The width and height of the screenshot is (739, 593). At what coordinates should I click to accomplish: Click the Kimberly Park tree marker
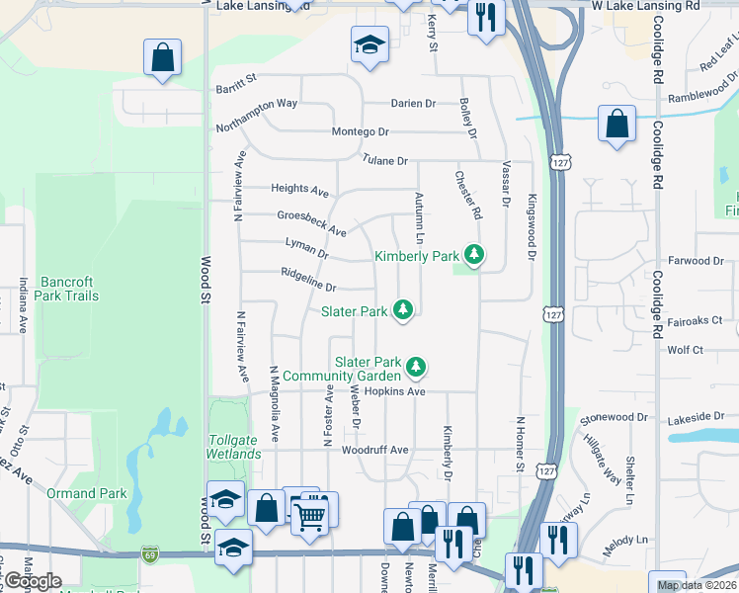pyautogui.click(x=475, y=255)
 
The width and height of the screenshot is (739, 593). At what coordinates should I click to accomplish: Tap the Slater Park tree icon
pyautogui.click(x=403, y=310)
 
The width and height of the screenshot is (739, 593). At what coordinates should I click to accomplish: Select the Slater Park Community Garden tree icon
pyautogui.click(x=417, y=368)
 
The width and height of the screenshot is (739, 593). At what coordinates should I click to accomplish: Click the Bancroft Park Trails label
pyautogui.click(x=67, y=288)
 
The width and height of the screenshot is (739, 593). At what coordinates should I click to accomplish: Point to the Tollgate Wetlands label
pyautogui.click(x=235, y=447)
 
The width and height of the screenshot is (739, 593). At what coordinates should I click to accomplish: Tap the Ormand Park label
pyautogui.click(x=86, y=493)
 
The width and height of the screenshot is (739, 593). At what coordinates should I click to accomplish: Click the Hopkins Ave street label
pyautogui.click(x=394, y=391)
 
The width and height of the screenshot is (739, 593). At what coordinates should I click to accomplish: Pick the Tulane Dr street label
pyautogui.click(x=384, y=160)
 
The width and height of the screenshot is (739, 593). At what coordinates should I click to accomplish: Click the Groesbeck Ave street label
pyautogui.click(x=311, y=223)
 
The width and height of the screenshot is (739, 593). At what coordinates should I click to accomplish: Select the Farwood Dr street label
pyautogui.click(x=697, y=261)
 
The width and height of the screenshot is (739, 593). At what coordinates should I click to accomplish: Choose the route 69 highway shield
pyautogui.click(x=149, y=552)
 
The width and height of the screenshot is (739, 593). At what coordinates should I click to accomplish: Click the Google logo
pyautogui.click(x=33, y=581)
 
